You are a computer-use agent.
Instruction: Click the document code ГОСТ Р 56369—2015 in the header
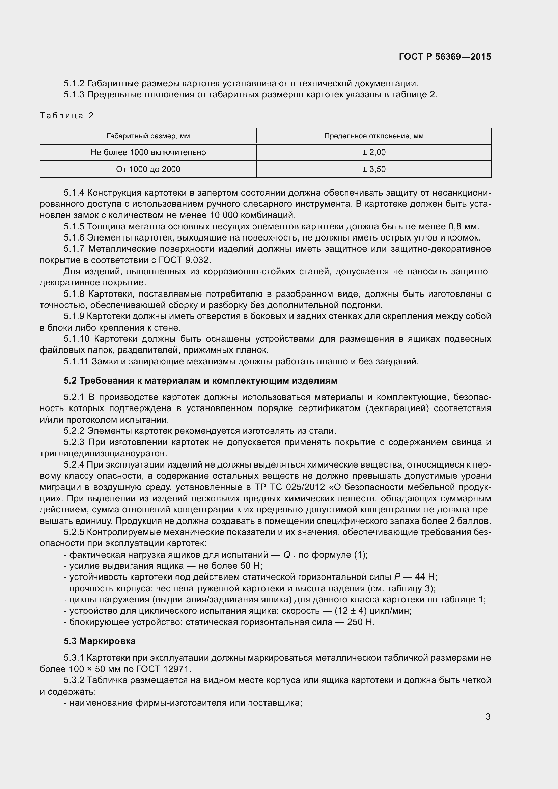pyautogui.click(x=445, y=57)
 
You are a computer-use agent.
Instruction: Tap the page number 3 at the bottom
pyautogui.click(x=488, y=716)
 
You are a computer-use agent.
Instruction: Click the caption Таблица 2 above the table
pyautogui.click(x=67, y=115)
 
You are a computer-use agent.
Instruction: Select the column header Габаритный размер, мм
pyautogui.click(x=148, y=136)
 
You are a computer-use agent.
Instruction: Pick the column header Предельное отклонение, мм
pyautogui.click(x=374, y=136)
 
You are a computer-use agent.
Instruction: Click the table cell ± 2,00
pyautogui.click(x=374, y=152)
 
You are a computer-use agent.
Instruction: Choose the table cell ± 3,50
pyautogui.click(x=374, y=169)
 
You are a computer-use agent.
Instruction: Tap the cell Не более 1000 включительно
pyautogui.click(x=148, y=152)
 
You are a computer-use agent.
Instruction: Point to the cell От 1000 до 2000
pyautogui.click(x=148, y=169)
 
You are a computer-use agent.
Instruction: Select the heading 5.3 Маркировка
pyautogui.click(x=100, y=641)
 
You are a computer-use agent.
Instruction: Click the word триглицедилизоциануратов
pyautogui.click(x=104, y=454)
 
